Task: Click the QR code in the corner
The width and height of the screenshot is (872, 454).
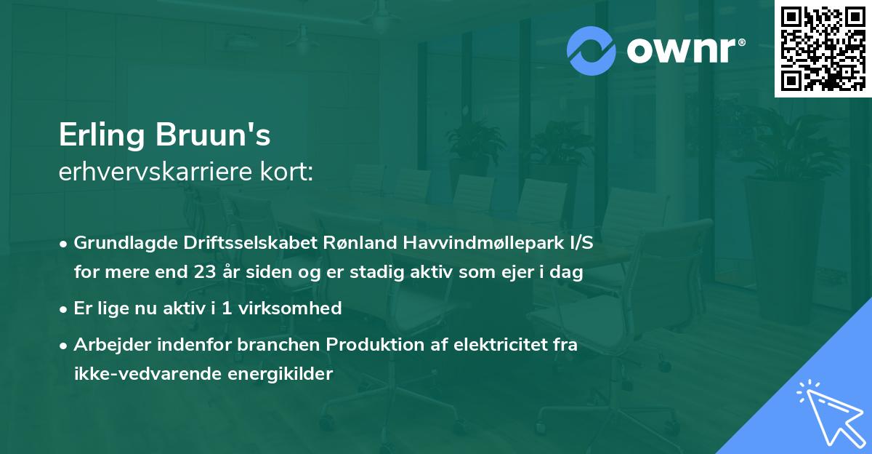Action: click(823, 49)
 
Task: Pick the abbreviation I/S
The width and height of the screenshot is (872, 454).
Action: click(578, 243)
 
